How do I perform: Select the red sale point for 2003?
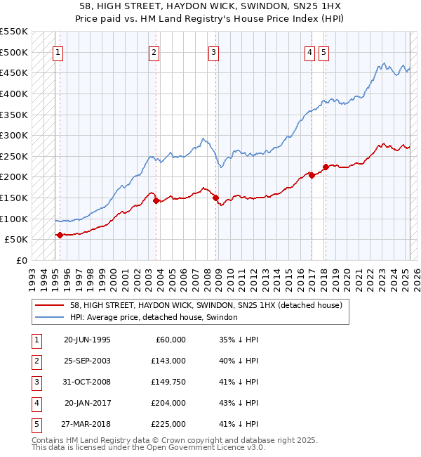coord(156,200)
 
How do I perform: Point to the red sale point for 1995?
coord(60,236)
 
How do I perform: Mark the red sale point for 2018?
coord(326,167)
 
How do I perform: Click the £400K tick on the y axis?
coord(13,94)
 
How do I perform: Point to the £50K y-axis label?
coord(15,240)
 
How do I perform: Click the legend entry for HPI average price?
coord(154,317)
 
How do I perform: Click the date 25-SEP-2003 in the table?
coord(86,361)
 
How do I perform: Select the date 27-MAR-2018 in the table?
coord(87,424)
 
